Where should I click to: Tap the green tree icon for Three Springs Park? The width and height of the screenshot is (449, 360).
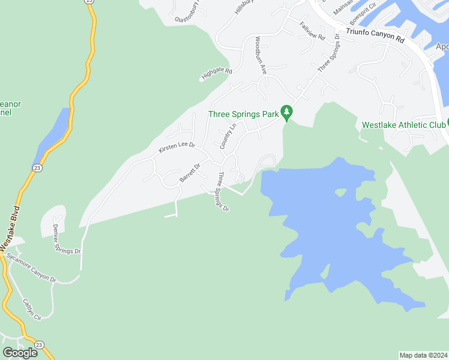click(288, 112)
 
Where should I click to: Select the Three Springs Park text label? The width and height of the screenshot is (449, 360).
click(244, 114)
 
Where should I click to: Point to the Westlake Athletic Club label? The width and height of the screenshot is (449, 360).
click(403, 125)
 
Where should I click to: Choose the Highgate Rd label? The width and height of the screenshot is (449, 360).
click(216, 74)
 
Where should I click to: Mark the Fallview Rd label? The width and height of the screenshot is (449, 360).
click(312, 32)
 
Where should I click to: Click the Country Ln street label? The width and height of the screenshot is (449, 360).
click(226, 136)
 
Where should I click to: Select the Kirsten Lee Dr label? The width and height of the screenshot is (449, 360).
click(176, 148)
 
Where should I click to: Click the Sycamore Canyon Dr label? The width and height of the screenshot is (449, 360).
click(31, 268)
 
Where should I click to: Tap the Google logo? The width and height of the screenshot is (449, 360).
click(20, 352)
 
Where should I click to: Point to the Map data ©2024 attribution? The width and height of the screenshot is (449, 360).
click(423, 355)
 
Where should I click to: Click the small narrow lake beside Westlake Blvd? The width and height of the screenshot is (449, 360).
click(53, 133)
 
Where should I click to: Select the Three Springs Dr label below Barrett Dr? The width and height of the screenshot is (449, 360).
click(223, 192)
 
